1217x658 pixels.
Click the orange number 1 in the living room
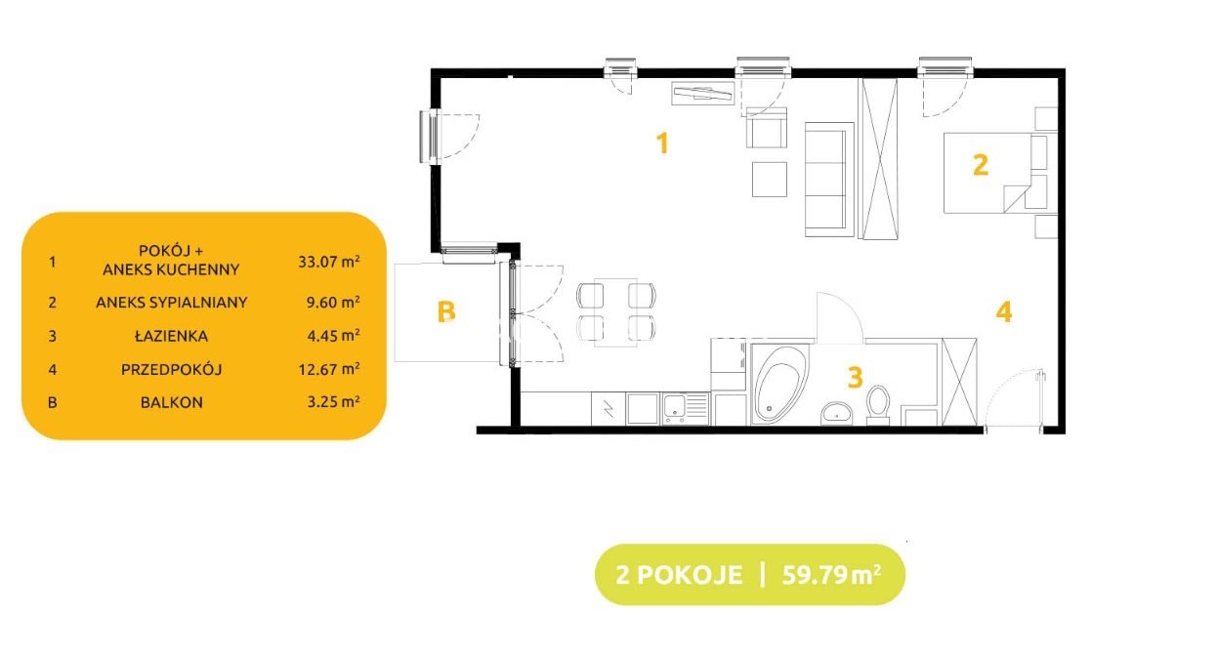click(x=662, y=144)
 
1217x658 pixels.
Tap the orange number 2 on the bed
click(x=980, y=165)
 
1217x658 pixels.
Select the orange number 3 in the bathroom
click(x=856, y=377)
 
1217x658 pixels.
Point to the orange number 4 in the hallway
click(x=1004, y=312)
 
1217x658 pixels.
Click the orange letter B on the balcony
click(x=446, y=311)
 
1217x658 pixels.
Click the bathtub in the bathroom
click(x=779, y=384)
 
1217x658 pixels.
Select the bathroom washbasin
click(x=837, y=414)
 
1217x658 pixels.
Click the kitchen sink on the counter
click(x=685, y=409)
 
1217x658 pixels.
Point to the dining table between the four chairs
click(x=615, y=312)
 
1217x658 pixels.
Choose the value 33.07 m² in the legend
click(x=329, y=261)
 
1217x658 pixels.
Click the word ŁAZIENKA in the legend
click(x=171, y=336)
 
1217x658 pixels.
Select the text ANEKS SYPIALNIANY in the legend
click(x=171, y=302)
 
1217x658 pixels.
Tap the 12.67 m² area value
click(x=329, y=369)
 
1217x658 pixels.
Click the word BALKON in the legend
click(x=171, y=402)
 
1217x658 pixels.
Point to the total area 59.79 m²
click(x=831, y=574)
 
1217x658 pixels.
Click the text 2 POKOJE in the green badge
click(x=679, y=575)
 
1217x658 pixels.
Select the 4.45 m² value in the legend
click(x=333, y=336)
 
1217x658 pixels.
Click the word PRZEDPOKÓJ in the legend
click(x=171, y=369)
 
